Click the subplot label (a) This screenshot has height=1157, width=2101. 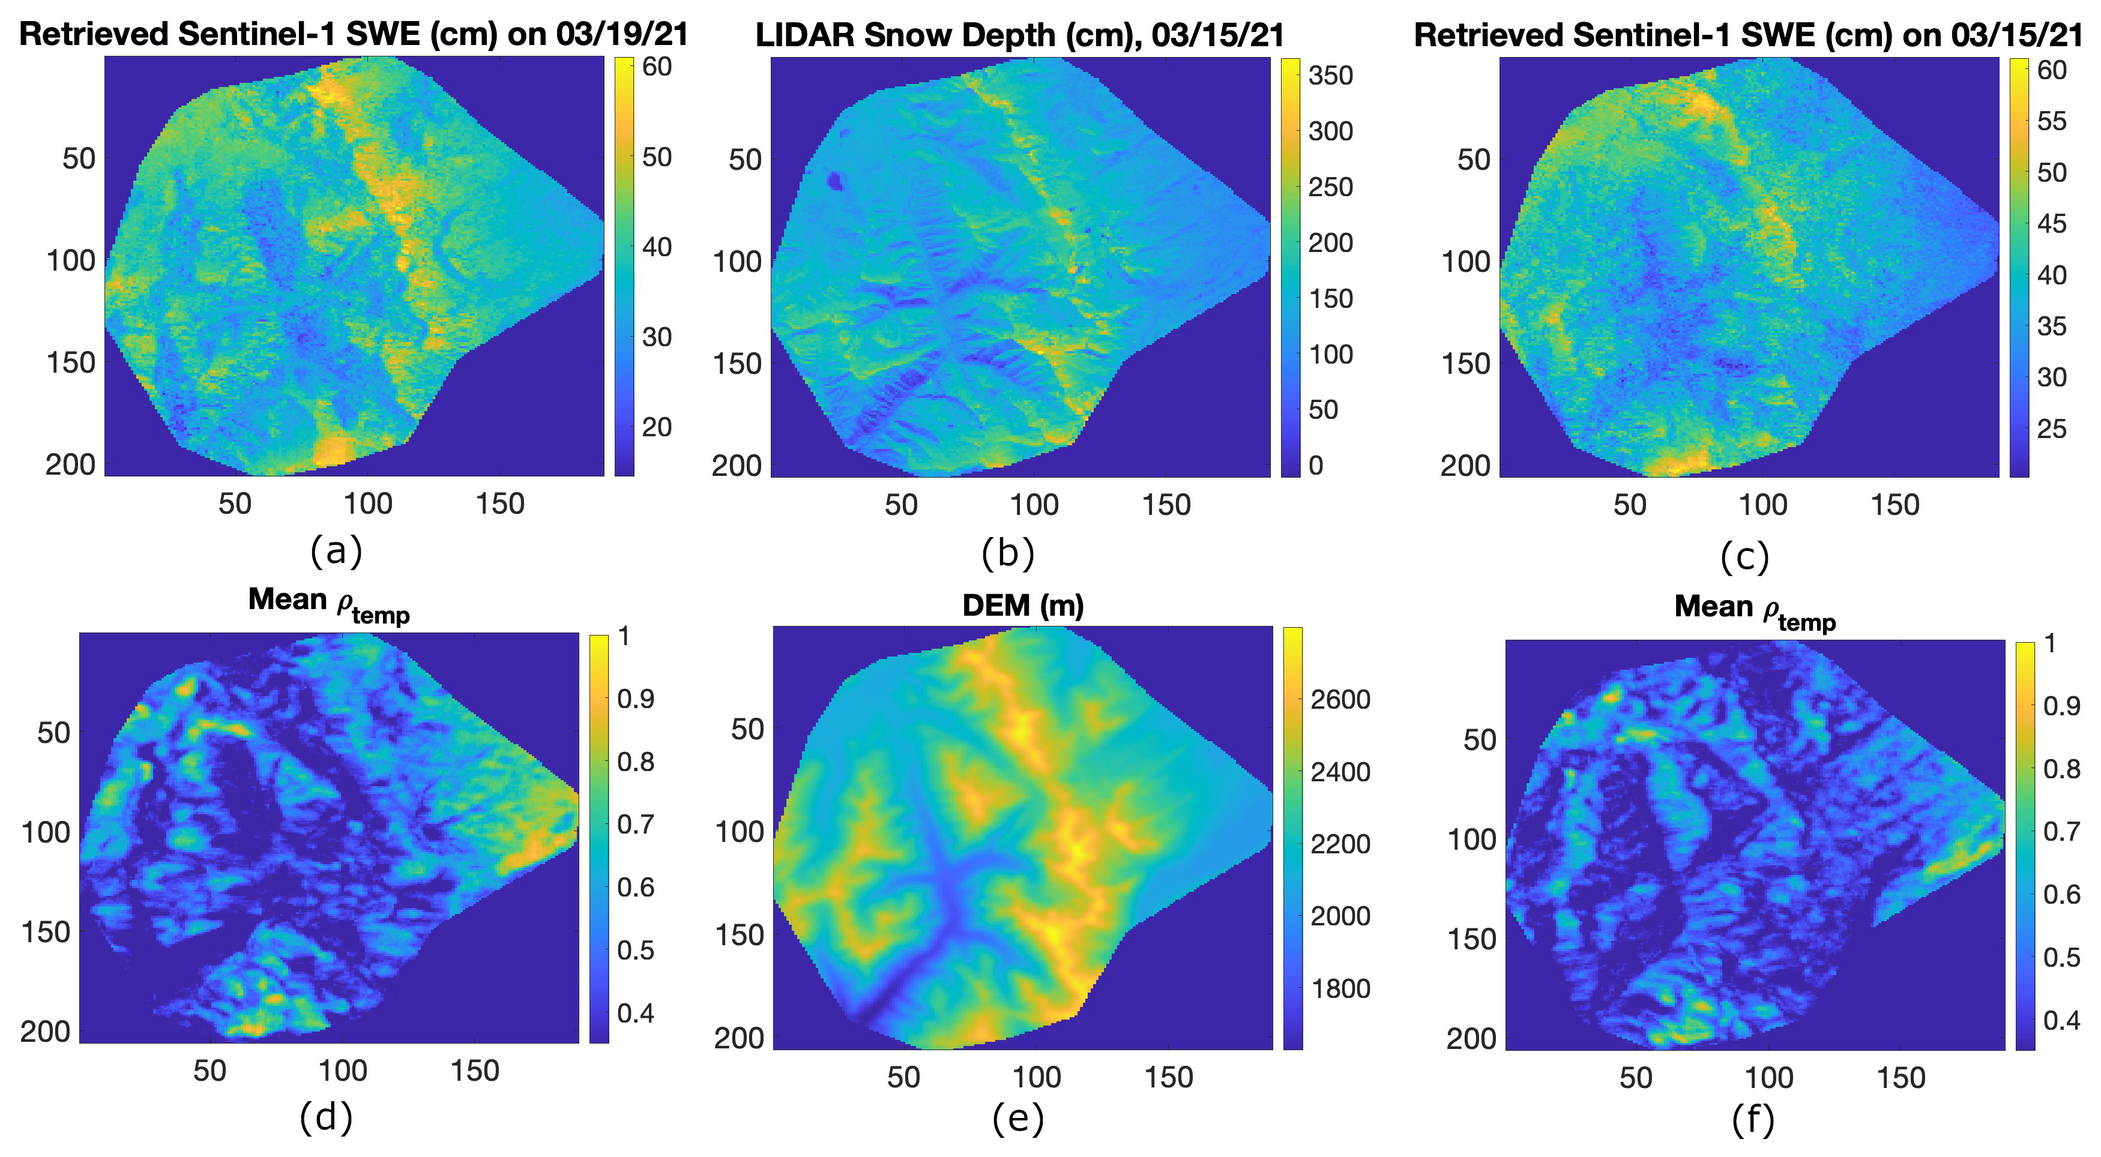[336, 552]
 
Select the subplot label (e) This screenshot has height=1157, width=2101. [1018, 1119]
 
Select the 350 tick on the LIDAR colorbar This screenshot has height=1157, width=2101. [1331, 75]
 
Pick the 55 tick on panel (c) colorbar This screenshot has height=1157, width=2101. [2052, 121]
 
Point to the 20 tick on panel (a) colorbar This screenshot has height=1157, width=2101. [657, 427]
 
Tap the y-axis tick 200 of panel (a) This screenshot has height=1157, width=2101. [71, 464]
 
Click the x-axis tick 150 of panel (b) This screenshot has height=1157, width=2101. [1166, 505]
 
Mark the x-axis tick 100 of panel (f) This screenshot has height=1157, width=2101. [1768, 1078]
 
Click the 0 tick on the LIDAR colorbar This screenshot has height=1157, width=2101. [1316, 466]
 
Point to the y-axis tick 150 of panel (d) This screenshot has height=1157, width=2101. [46, 931]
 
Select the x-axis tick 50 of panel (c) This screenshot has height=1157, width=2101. [1630, 505]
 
